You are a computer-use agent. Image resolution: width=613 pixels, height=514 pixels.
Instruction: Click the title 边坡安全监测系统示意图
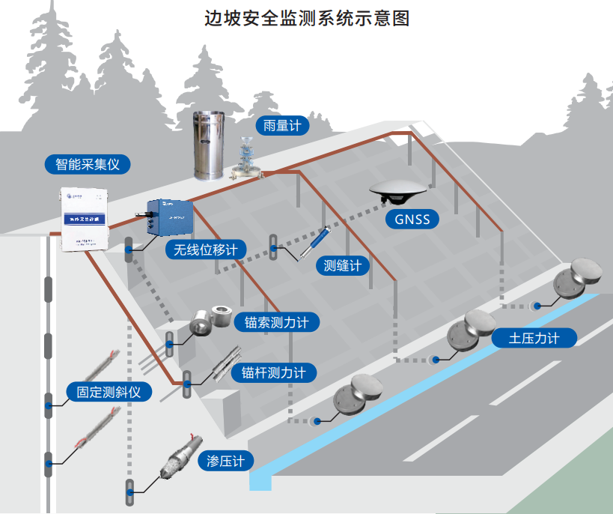(x=307, y=18)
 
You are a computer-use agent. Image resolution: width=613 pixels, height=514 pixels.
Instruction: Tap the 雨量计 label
(x=281, y=125)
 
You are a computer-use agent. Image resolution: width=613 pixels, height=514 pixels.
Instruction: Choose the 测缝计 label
(x=342, y=265)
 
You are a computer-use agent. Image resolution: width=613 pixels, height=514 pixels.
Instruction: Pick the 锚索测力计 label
(x=276, y=323)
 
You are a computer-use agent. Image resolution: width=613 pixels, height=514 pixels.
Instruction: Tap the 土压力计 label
(x=534, y=338)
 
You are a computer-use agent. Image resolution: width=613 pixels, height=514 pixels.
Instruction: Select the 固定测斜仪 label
(x=109, y=391)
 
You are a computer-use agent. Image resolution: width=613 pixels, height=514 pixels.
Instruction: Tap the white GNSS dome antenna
(x=399, y=191)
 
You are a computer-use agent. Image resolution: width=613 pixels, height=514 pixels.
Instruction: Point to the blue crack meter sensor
(x=314, y=243)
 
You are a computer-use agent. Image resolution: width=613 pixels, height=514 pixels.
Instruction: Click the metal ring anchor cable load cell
(x=212, y=321)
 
